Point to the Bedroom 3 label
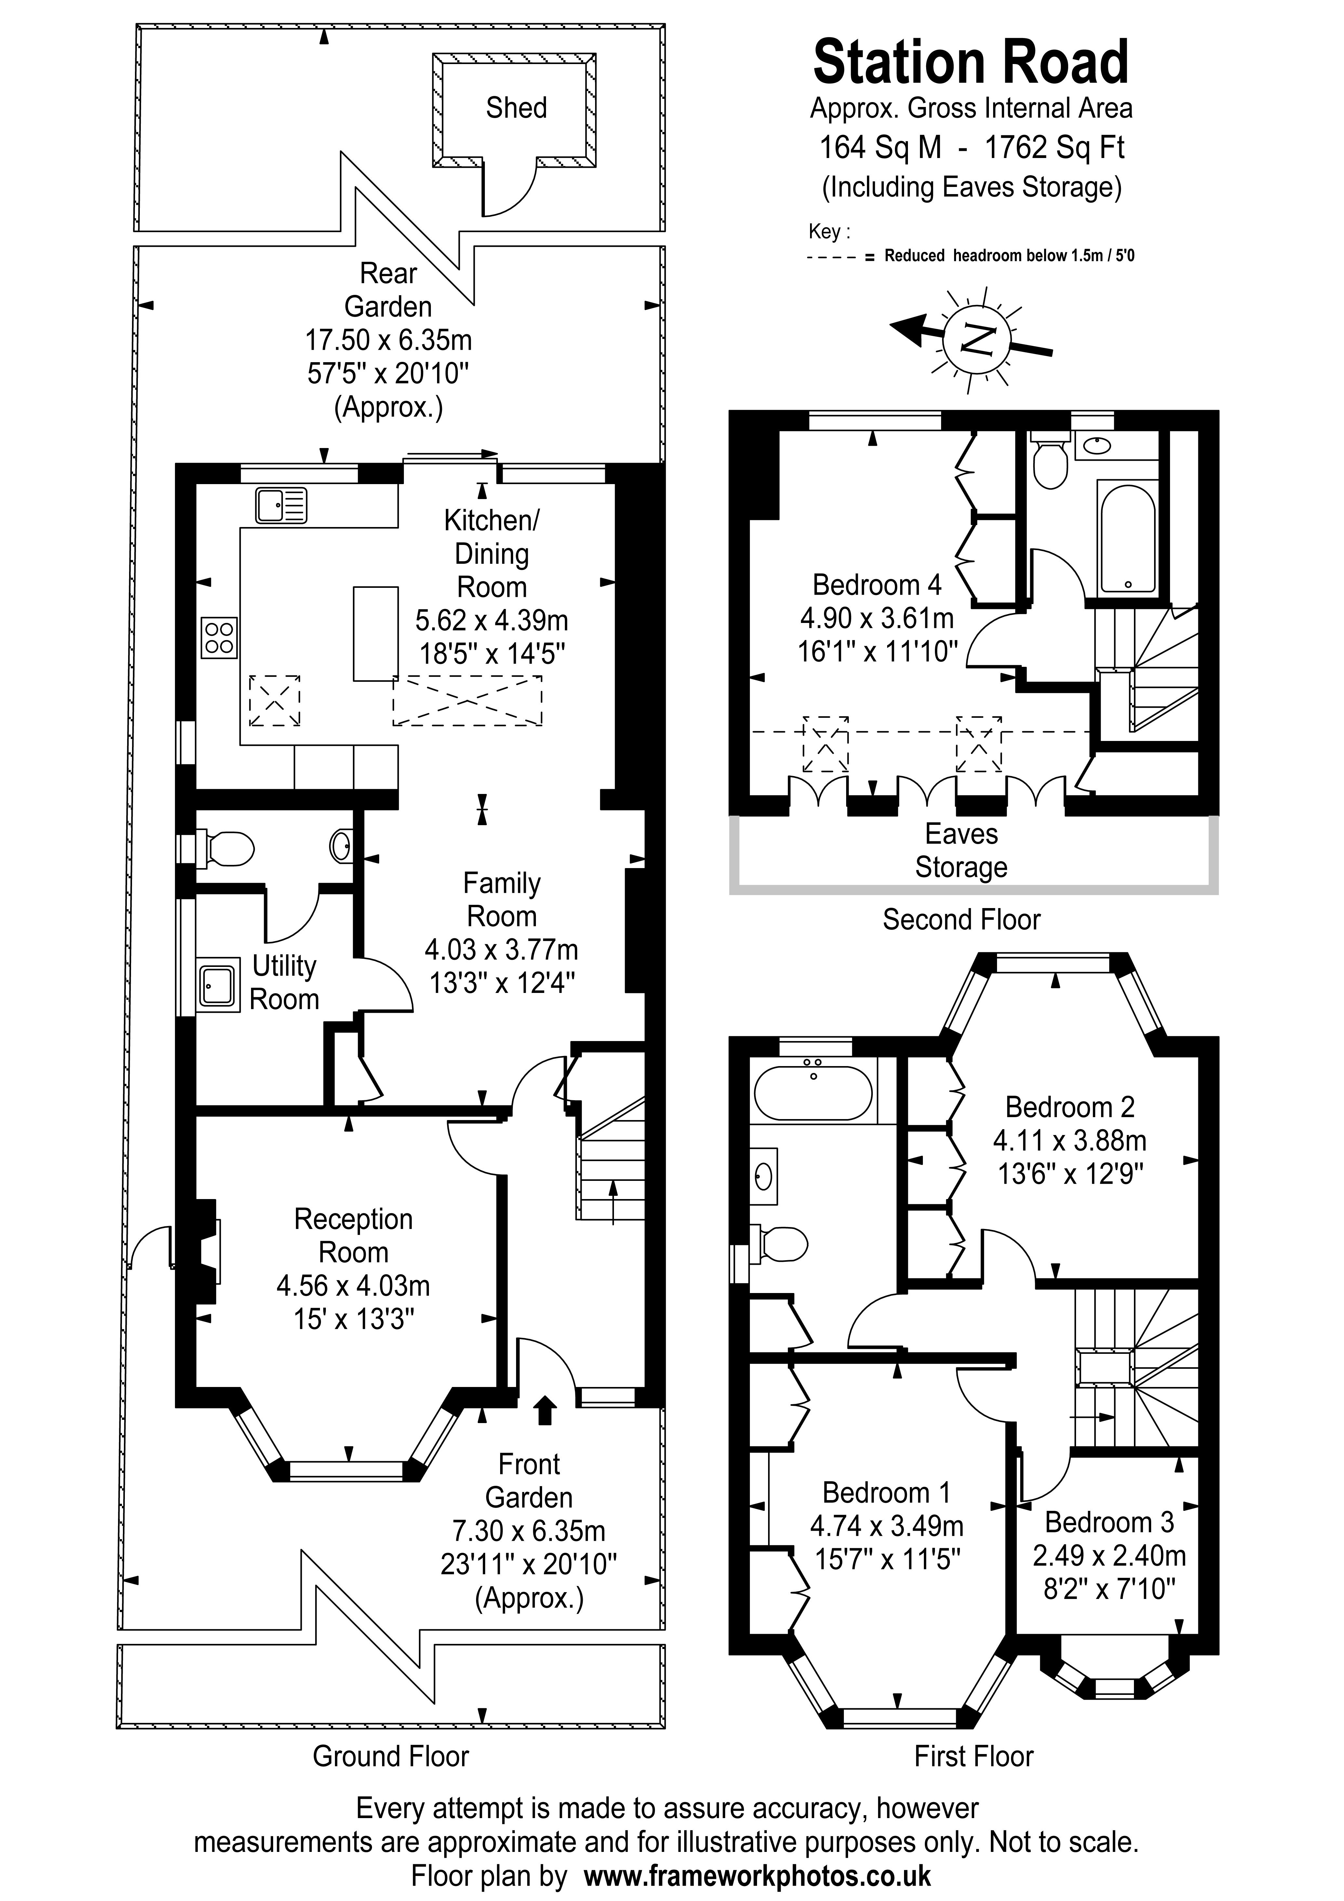(1109, 1522)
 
